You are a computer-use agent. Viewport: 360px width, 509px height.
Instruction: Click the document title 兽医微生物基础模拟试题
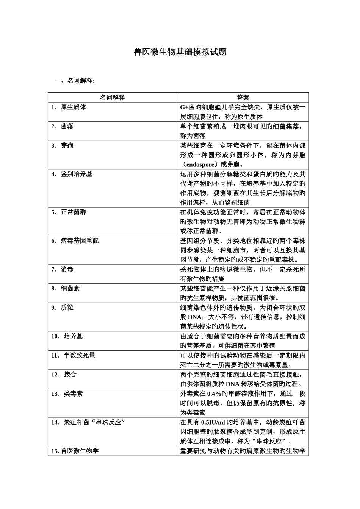point(180,52)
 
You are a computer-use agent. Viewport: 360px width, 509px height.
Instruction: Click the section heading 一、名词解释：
point(75,80)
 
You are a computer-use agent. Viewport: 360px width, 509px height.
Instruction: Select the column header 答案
point(243,97)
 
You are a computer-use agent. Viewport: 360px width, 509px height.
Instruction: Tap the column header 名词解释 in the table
point(112,97)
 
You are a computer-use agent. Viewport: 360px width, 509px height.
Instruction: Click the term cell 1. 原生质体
point(69,107)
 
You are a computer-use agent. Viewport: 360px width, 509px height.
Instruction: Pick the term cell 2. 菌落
point(63,126)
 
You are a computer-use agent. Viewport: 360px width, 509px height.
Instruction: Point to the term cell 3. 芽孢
point(63,145)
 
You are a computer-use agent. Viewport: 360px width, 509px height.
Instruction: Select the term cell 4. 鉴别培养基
point(72,174)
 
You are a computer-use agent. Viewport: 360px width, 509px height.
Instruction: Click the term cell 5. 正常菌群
point(69,212)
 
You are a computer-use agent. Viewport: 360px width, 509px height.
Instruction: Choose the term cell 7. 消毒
point(63,269)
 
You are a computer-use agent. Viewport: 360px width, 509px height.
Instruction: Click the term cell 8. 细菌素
point(66,289)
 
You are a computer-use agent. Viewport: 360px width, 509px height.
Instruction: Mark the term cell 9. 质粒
point(63,308)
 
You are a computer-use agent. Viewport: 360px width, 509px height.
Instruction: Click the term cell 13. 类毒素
point(67,393)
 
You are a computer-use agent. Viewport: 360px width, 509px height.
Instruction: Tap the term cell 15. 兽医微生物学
point(75,451)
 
